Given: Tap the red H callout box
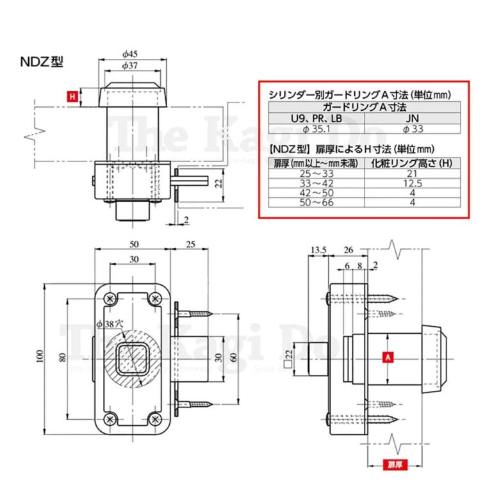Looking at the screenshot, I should pyautogui.click(x=72, y=97).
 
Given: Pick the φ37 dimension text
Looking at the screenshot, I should pyautogui.click(x=133, y=65).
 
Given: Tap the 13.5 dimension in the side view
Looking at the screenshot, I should pyautogui.click(x=318, y=249).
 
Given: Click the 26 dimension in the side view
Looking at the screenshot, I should pyautogui.click(x=349, y=249).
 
